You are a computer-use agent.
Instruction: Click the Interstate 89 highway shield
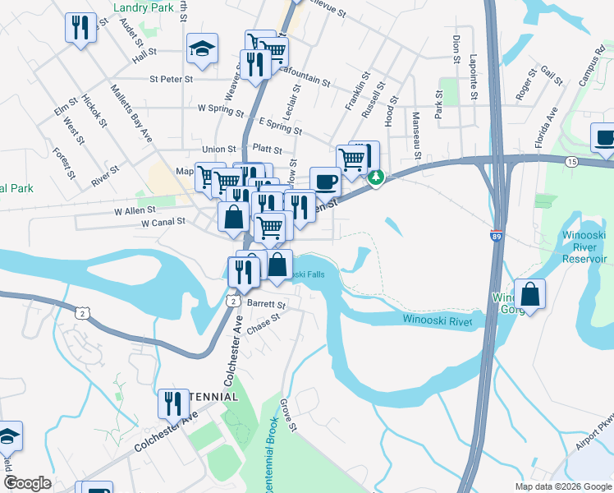497,236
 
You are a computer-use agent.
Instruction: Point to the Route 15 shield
570,162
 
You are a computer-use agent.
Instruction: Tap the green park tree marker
376,177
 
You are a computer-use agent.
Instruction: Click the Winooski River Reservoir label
584,246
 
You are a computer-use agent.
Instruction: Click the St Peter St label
171,80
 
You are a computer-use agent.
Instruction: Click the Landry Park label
144,7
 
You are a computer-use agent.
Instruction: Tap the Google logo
27,483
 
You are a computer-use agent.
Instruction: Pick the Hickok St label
95,111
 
